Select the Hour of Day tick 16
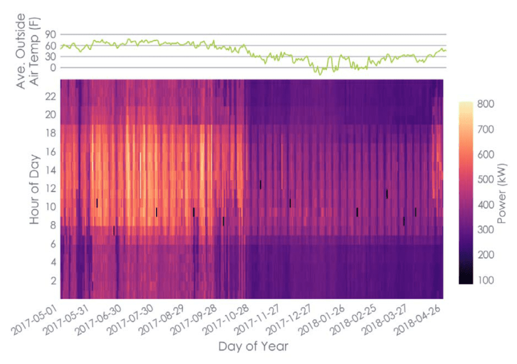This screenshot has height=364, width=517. coord(49,151)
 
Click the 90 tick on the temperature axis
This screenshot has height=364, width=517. coord(50,34)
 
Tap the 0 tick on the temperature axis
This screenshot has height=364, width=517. coord(53,67)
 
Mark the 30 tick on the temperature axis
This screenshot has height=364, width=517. coord(50,57)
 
